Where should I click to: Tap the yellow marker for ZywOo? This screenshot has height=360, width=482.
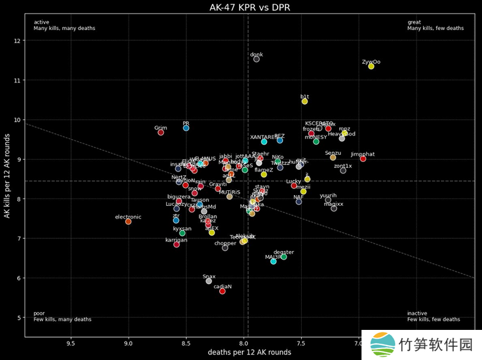(x=371, y=66)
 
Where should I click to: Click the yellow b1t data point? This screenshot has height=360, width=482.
(x=305, y=101)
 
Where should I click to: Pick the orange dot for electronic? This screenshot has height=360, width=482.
(x=128, y=222)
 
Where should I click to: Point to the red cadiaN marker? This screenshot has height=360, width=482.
(x=222, y=291)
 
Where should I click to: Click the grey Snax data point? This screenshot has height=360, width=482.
(x=209, y=281)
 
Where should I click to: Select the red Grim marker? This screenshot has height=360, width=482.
(x=161, y=132)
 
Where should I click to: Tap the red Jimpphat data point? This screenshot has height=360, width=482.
(x=363, y=158)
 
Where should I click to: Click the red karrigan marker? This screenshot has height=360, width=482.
(x=177, y=244)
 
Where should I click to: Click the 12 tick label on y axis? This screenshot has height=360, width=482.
(x=17, y=40)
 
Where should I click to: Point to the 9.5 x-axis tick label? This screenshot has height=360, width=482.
(x=71, y=344)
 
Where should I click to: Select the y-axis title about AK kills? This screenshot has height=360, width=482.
(x=7, y=180)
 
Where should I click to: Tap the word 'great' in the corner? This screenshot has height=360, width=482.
(x=414, y=22)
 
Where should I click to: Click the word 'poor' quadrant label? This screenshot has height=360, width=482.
(x=39, y=313)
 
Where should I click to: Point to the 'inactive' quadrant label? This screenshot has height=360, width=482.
(x=417, y=313)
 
